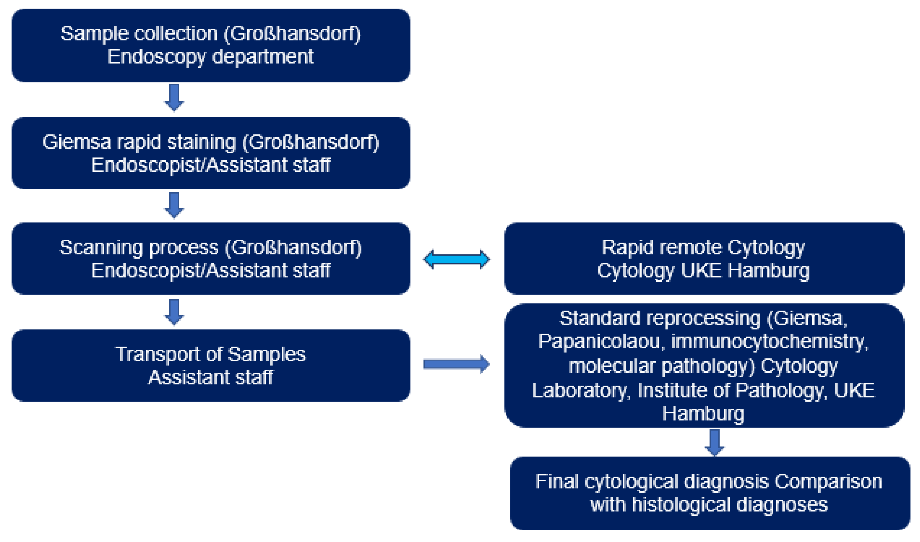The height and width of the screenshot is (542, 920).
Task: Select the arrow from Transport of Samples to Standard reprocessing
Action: coord(456,364)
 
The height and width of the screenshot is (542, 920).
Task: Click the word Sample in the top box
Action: coord(94,34)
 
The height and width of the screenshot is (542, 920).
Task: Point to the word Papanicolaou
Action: coord(599,342)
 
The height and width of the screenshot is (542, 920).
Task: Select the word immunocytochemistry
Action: coord(769,342)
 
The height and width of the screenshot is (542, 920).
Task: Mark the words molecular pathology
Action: coord(661,366)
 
